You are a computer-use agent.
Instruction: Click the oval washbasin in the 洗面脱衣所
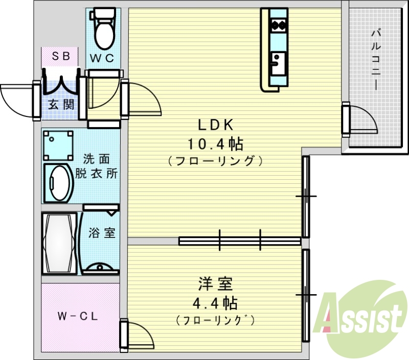pos(57,182)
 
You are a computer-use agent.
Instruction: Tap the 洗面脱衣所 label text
pos(97,165)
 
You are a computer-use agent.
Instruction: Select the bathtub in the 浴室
pos(59,244)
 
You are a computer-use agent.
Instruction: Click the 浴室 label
pos(101,233)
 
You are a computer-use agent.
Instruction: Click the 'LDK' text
pos(215,125)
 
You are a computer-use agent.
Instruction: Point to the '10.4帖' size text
pos(215,144)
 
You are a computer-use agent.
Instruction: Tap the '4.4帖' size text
pos(215,303)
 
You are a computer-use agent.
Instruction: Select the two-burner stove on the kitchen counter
pos(279,23)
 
